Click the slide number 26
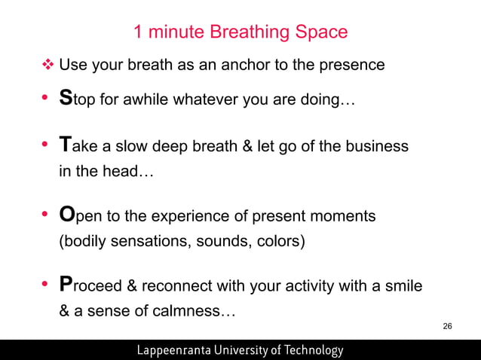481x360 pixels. pos(447,326)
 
